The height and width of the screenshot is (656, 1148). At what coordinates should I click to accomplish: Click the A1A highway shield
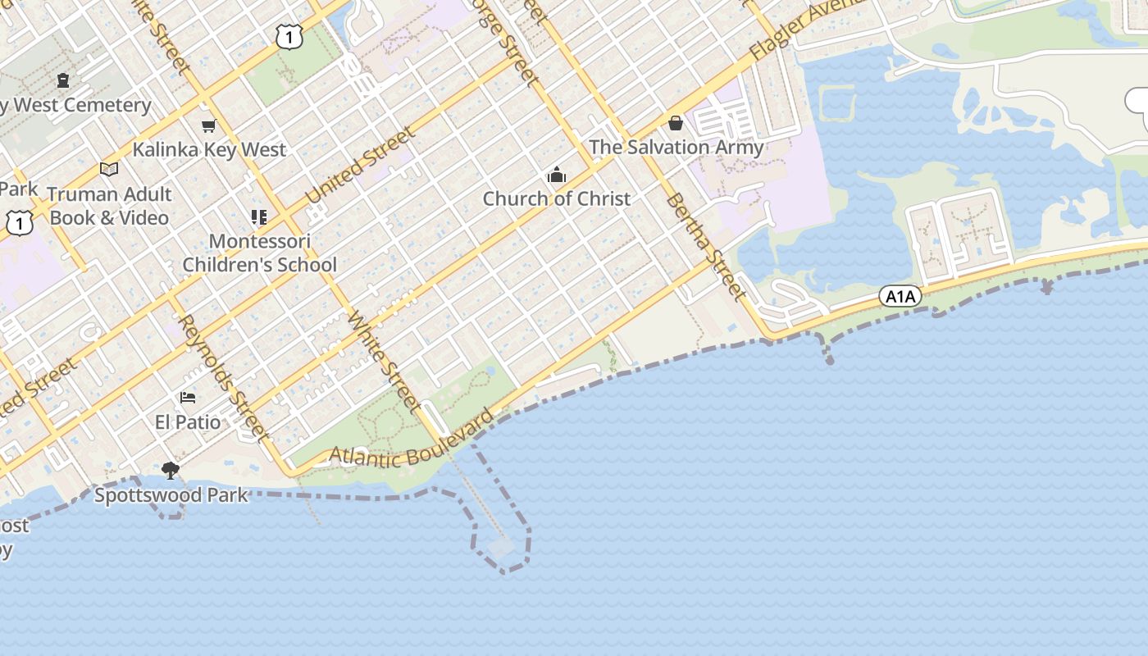(900, 296)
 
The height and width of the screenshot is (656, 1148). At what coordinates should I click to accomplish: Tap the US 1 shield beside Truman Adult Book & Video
(19, 221)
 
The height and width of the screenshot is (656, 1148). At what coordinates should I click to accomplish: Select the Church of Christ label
(557, 198)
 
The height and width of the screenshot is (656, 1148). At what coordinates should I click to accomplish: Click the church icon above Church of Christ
(557, 175)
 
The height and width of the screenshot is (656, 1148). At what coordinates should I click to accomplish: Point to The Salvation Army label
(676, 148)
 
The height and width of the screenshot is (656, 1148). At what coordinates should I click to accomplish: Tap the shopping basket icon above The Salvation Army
(676, 123)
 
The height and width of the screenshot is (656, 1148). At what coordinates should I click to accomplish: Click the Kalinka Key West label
(209, 150)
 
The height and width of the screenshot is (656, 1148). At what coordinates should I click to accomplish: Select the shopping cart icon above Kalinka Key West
(208, 125)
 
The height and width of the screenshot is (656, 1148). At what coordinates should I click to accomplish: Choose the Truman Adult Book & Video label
(109, 206)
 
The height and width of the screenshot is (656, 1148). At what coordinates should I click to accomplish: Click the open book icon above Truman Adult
(109, 169)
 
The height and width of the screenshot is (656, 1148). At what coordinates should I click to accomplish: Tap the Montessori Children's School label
(259, 253)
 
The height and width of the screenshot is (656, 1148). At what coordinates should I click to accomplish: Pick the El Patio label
(188, 422)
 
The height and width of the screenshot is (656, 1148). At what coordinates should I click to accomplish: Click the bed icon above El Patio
(188, 398)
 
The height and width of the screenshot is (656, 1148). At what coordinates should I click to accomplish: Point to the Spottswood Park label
(171, 495)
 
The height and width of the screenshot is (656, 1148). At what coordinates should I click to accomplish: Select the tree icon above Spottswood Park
(171, 471)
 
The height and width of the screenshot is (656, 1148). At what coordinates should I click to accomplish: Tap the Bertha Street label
(705, 246)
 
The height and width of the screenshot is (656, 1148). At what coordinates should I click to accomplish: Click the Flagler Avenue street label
(808, 29)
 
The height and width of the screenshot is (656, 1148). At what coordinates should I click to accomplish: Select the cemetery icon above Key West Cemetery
(63, 80)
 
